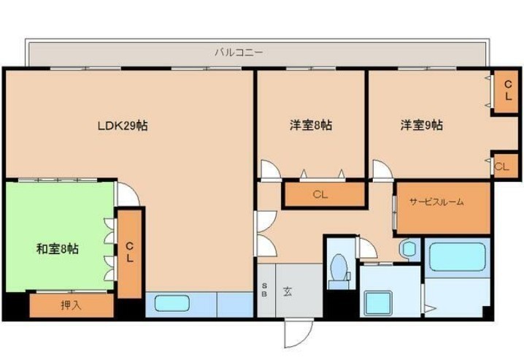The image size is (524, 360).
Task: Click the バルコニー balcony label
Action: click(x=239, y=53)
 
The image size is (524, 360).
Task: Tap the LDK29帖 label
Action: click(x=123, y=126)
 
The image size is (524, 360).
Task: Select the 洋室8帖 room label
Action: click(x=311, y=126)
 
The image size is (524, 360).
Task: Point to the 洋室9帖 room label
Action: click(x=422, y=125)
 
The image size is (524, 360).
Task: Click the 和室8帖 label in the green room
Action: click(x=58, y=249)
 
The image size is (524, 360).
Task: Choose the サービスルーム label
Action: click(x=436, y=202)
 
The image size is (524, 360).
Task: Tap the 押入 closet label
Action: click(x=71, y=305)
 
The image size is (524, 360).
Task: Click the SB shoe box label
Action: click(x=264, y=290)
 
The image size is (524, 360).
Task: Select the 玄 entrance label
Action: click(x=288, y=291)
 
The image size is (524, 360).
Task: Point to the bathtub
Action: click(x=457, y=256)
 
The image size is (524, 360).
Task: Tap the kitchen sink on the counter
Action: click(x=172, y=304)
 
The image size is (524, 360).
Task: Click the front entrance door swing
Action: click(x=298, y=333)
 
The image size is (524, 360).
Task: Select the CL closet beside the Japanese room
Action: click(x=130, y=253)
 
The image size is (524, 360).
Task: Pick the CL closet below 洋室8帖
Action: click(x=324, y=194)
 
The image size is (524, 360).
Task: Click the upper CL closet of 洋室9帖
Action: click(x=508, y=91)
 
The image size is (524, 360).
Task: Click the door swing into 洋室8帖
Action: click(x=271, y=170)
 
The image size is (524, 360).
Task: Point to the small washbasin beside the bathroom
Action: click(x=409, y=249)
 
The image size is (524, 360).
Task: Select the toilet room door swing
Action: click(x=368, y=248)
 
